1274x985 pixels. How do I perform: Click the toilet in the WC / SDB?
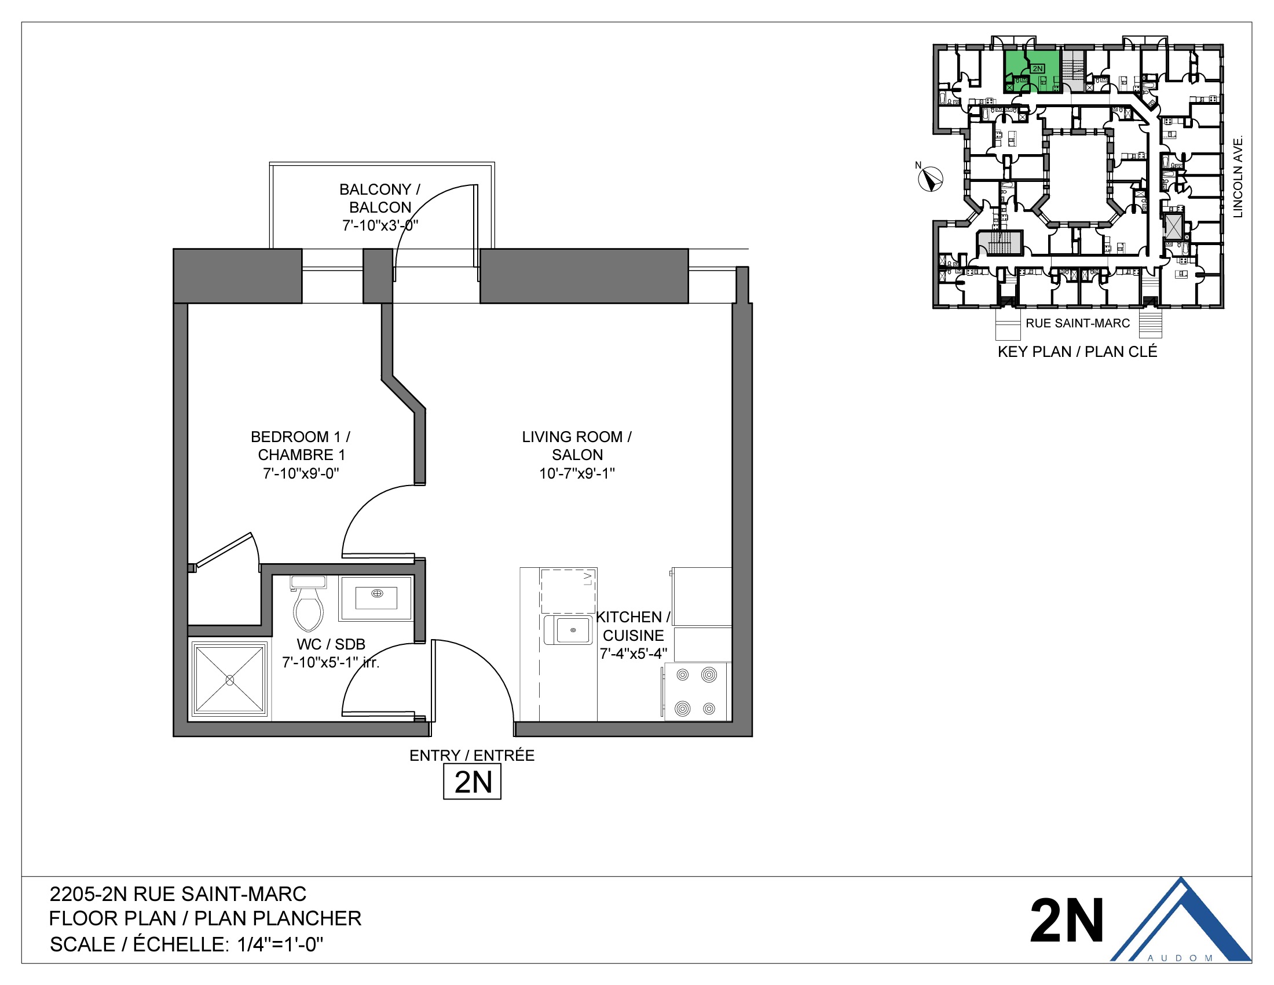[308, 607]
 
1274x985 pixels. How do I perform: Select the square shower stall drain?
[229, 680]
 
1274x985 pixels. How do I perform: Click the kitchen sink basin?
[572, 630]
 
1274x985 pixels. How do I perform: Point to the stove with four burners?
[696, 692]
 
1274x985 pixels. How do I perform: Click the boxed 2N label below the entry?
[472, 782]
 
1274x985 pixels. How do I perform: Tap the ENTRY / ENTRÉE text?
[471, 755]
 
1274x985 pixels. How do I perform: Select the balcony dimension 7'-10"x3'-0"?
[380, 225]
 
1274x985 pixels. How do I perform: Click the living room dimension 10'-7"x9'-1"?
[576, 473]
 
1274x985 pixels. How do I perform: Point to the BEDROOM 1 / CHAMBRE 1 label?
[301, 445]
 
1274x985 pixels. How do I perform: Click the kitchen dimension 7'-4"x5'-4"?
[633, 654]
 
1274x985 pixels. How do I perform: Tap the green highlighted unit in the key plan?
[1031, 72]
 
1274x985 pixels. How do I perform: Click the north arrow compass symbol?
[931, 178]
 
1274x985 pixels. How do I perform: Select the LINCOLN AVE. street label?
[1238, 176]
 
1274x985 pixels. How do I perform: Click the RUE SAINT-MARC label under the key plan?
[1078, 323]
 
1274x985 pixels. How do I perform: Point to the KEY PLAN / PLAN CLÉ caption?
[1077, 351]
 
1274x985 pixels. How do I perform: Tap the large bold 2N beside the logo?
[1066, 921]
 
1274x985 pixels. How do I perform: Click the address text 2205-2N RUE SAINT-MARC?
[178, 894]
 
